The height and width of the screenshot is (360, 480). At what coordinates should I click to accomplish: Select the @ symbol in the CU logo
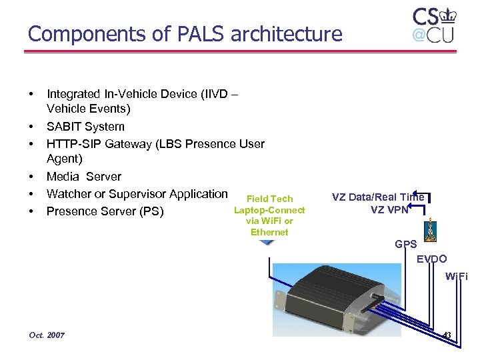(419, 35)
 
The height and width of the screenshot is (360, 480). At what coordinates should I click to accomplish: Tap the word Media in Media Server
(64, 177)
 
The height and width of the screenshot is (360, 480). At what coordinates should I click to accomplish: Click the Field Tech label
(269, 199)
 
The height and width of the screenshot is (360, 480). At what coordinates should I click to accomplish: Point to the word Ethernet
(269, 232)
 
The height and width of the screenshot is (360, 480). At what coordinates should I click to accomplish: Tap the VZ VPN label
(389, 209)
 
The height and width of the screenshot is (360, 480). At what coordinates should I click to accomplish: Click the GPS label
(406, 245)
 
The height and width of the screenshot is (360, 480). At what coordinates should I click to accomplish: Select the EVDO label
(432, 259)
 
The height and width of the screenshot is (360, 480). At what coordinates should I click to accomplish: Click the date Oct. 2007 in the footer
(47, 335)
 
